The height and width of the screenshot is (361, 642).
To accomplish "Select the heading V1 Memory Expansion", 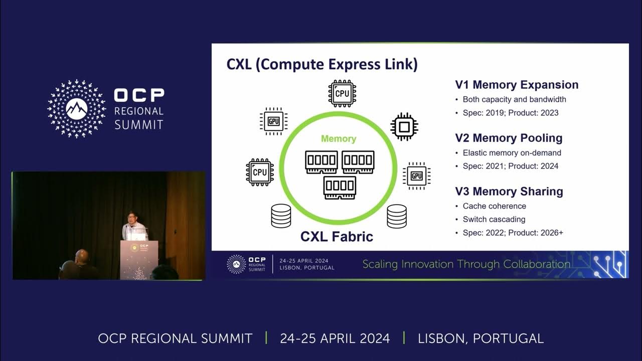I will tap(517, 85).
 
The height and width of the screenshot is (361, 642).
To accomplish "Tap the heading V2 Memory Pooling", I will tap(509, 138).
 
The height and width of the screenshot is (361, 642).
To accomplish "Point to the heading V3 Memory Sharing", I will tap(509, 191).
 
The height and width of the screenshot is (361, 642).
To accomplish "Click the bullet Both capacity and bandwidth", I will tap(514, 99).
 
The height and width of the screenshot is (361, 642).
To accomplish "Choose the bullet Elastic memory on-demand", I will tap(512, 152).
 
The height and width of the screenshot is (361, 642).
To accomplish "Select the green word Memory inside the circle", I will tap(339, 139).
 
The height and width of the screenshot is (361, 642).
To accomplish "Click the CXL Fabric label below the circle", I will tap(337, 236).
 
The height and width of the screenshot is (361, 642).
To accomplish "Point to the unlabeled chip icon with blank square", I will tap(404, 126).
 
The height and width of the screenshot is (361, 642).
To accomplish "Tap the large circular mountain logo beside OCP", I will tap(77, 108).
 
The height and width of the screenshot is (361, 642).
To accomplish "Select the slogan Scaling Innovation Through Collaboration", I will tap(466, 264).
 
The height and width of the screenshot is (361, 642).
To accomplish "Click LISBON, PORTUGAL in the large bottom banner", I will tap(480, 338).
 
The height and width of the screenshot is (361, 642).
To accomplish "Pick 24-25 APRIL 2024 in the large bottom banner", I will tap(335, 338).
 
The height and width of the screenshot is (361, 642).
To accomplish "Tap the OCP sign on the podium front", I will tap(141, 247).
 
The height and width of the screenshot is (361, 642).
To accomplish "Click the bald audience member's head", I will tap(81, 256).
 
